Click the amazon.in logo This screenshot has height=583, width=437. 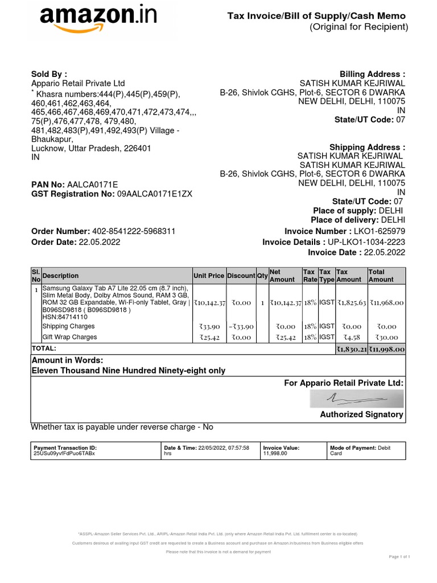click(x=98, y=22)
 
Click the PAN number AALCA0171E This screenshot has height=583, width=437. click(x=92, y=184)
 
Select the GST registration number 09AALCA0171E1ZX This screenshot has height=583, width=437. click(x=155, y=194)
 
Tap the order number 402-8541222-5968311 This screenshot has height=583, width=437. click(x=134, y=231)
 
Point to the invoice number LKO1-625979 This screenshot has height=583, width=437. click(x=380, y=231)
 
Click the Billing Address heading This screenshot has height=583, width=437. click(x=373, y=75)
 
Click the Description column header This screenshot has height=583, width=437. click(x=61, y=276)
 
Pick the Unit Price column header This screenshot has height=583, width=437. click(x=209, y=276)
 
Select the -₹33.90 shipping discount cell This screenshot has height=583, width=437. click(x=241, y=326)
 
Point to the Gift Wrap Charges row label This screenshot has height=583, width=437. click(x=69, y=337)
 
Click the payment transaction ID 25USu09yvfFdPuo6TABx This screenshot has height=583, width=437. click(x=65, y=453)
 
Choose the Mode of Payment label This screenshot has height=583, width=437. click(x=352, y=448)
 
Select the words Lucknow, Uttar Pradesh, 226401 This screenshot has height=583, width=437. click(x=91, y=148)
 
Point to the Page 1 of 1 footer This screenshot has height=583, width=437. click(x=399, y=556)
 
